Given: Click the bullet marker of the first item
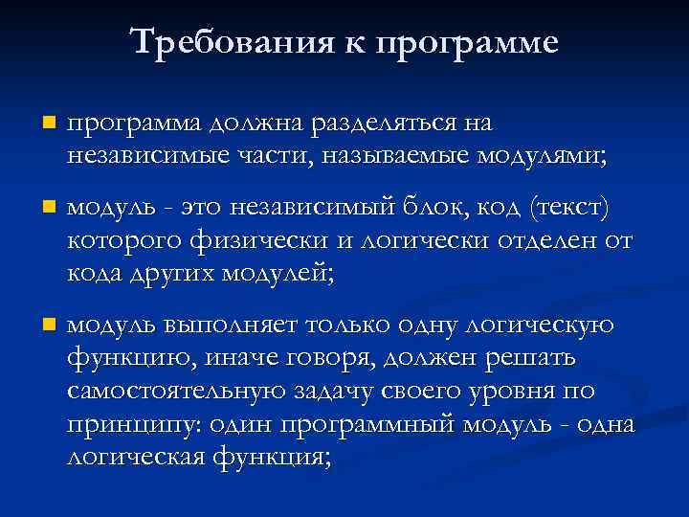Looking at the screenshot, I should tap(50, 124).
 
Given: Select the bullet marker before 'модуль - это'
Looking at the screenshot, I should tap(50, 208).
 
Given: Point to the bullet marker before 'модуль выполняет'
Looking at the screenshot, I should tap(50, 326).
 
